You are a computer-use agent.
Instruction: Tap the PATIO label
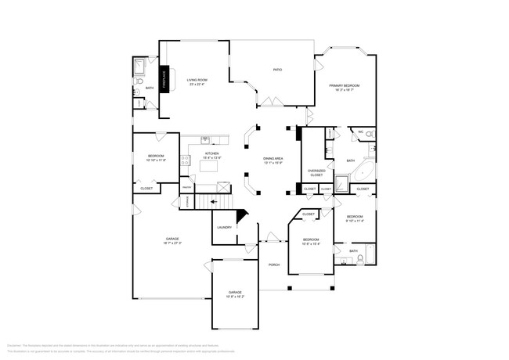click(x=277, y=70)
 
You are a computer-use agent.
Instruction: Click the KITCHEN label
click(x=212, y=155)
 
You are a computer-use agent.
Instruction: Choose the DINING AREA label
click(x=273, y=160)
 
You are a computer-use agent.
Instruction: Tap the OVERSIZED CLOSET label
click(x=316, y=172)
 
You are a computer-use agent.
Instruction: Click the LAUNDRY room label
click(x=225, y=228)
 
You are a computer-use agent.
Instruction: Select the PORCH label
click(x=274, y=265)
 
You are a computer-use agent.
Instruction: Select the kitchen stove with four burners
click(x=186, y=161)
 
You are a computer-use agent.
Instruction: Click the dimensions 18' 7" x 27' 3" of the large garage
click(x=172, y=243)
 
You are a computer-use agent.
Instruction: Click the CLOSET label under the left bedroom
click(x=146, y=189)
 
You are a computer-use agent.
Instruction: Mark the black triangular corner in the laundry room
click(x=241, y=214)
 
